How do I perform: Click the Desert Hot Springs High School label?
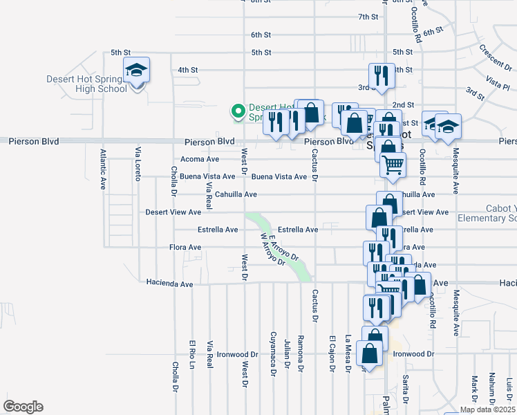point(87,84)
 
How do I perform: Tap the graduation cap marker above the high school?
point(137,70)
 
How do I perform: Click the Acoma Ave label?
point(200,159)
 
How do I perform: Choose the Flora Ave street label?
point(185,247)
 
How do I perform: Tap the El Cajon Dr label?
point(332,353)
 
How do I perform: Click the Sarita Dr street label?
point(406,390)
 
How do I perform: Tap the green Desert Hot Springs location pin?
point(238,110)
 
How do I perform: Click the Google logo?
point(23,407)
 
